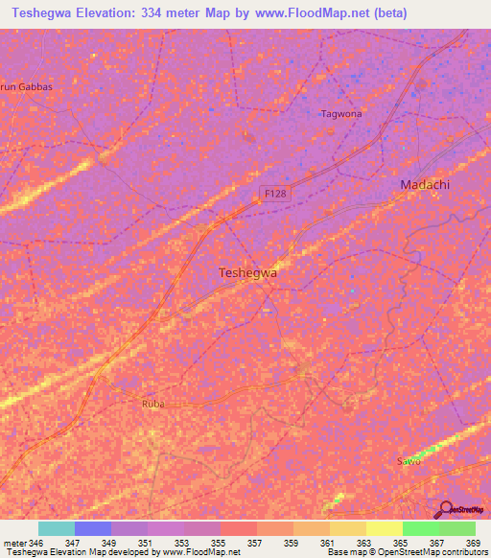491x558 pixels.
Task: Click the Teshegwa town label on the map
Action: pos(248,272)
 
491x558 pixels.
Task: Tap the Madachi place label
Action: pos(425,184)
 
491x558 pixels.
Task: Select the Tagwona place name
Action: pos(340,113)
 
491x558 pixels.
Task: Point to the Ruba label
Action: pos(153,404)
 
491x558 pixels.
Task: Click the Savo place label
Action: pos(409,461)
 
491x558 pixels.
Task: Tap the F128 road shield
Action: pos(276,194)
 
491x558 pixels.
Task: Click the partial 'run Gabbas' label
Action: pos(26,86)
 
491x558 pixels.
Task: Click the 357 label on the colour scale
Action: pos(255,543)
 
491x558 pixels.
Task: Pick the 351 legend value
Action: pos(147,543)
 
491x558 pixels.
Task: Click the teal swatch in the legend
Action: pos(57,528)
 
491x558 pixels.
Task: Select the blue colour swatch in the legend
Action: pos(93,528)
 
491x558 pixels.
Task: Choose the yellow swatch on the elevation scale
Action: pos(384,528)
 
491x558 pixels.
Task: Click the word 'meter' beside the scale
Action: pos(15,543)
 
